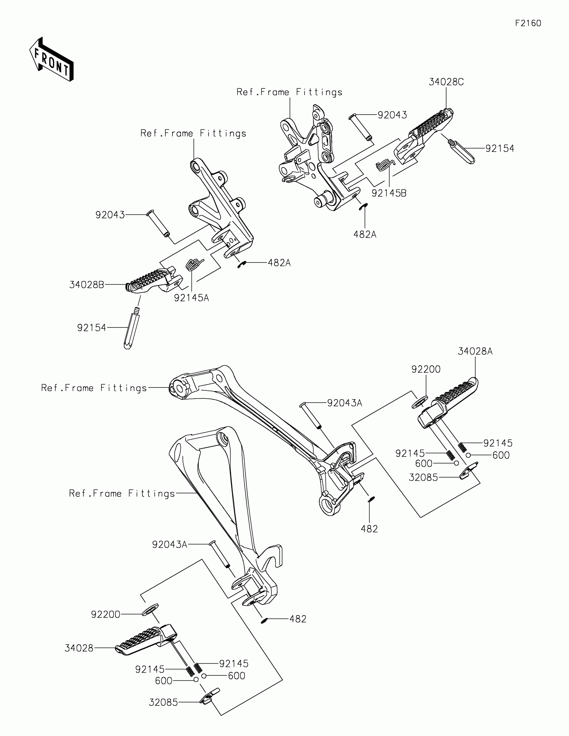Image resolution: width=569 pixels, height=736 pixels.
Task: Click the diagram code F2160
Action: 528,23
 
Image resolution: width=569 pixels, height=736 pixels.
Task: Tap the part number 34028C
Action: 446,82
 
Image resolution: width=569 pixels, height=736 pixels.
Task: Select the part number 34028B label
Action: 86,285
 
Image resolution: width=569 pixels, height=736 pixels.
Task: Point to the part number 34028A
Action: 475,352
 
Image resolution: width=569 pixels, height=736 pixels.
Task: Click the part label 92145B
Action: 389,193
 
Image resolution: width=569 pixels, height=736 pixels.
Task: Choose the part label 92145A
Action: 191,298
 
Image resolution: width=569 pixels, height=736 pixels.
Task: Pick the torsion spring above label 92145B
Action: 384,165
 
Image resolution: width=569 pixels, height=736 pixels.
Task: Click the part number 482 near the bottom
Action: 298,619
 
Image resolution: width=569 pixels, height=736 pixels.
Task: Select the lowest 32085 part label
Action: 163,702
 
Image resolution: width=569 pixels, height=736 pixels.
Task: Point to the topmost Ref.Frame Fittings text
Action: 290,93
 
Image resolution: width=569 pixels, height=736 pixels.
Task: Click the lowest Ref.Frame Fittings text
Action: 122,494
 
